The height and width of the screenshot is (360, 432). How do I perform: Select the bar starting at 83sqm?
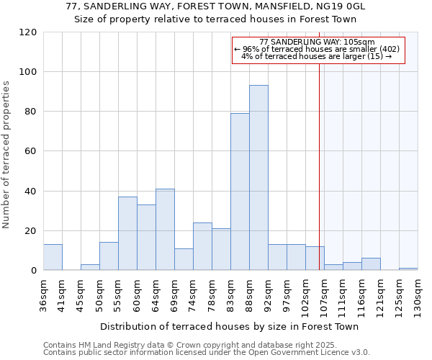point(240,192)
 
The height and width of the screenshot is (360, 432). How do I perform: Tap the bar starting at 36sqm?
point(53,257)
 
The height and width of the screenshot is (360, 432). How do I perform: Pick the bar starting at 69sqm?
point(184,259)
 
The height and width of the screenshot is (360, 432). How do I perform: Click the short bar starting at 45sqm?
point(90,267)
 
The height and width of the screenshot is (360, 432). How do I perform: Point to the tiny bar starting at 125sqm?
point(408,269)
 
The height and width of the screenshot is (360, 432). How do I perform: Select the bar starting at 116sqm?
point(371,264)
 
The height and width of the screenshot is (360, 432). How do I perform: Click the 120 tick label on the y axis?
point(28,32)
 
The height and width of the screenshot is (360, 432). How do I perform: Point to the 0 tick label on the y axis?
point(34,270)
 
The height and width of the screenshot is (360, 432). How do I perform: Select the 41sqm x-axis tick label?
point(63,294)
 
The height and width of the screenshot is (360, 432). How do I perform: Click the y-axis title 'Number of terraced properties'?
point(6,155)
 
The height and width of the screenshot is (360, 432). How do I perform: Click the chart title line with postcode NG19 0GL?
point(216,6)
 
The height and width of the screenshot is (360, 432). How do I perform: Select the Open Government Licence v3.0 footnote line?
point(207,352)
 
